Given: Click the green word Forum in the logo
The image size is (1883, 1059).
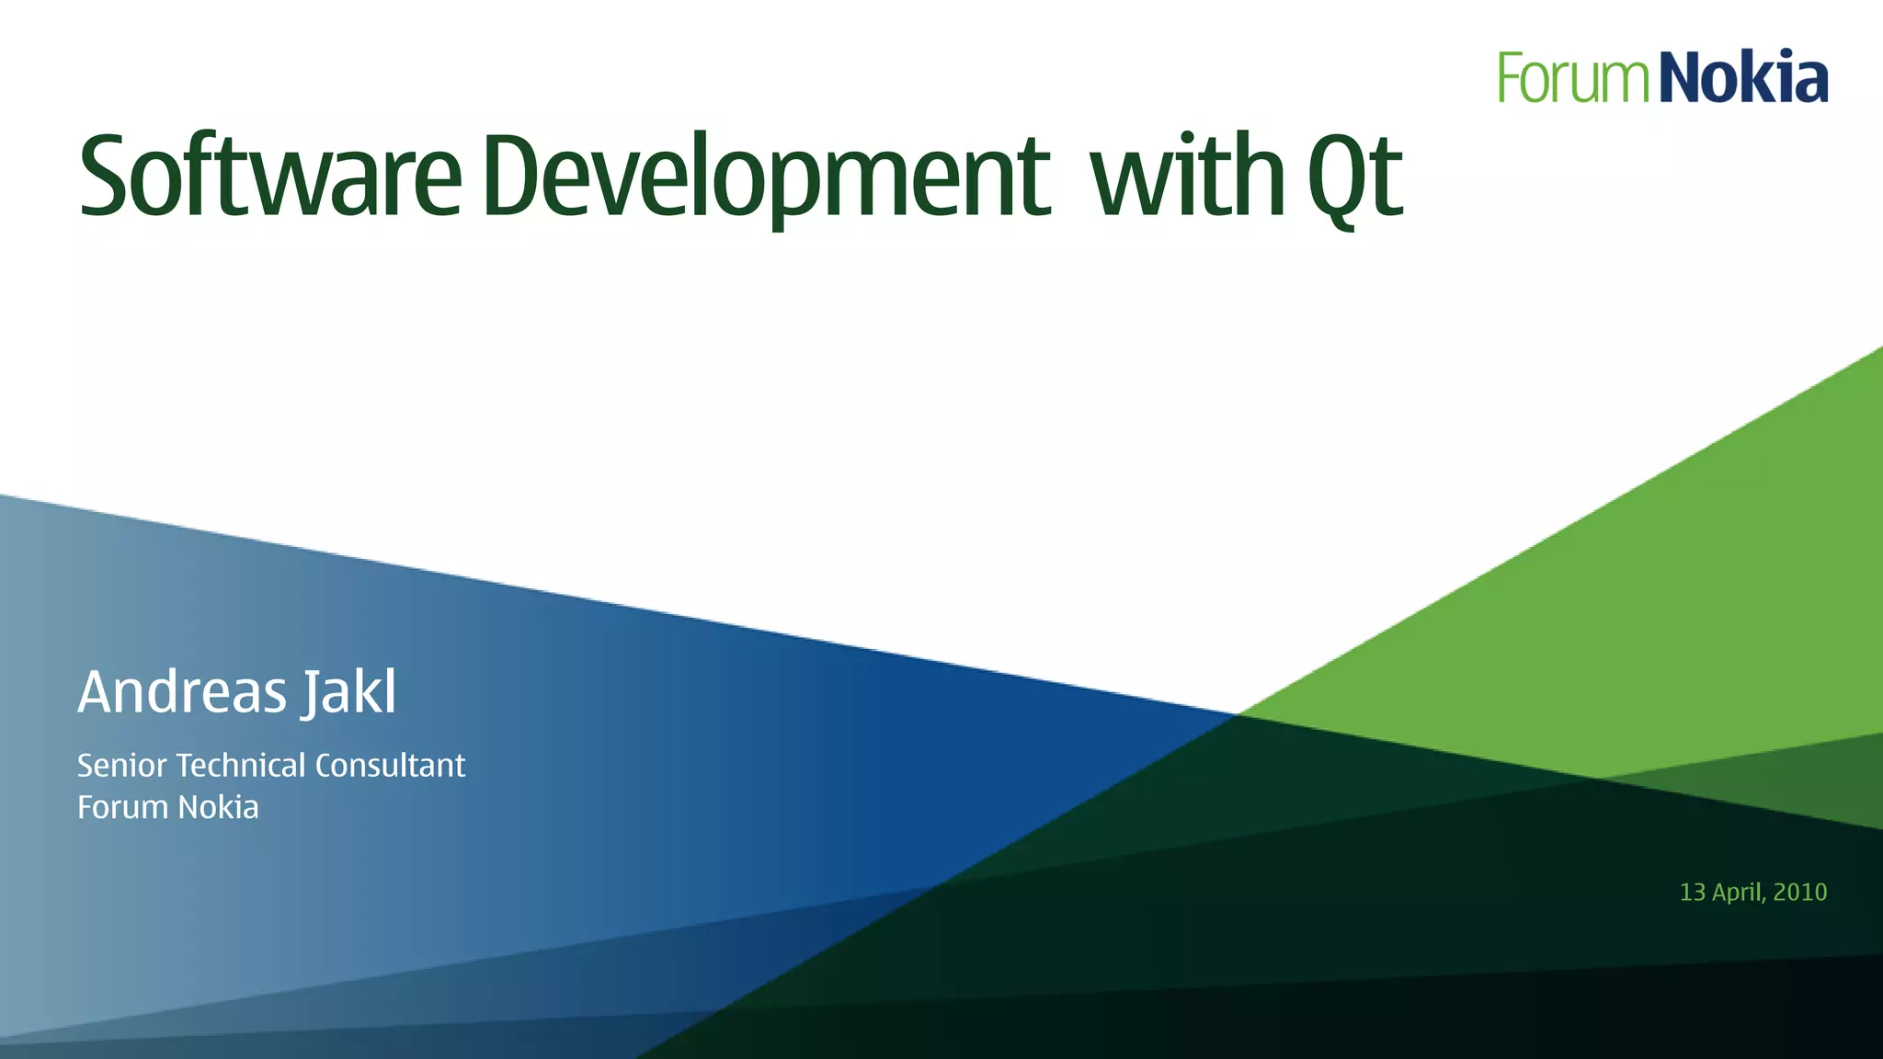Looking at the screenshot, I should click(x=1573, y=77).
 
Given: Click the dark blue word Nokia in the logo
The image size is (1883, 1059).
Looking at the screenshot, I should click(x=1744, y=77).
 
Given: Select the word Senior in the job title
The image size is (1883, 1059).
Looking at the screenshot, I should click(x=121, y=765).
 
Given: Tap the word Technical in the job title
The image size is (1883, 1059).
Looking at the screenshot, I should click(x=241, y=765).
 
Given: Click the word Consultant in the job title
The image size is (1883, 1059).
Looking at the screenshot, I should click(x=390, y=765).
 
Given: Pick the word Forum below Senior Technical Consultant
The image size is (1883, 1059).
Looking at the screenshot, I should click(x=123, y=807).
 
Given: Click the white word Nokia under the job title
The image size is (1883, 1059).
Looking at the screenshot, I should click(x=218, y=807).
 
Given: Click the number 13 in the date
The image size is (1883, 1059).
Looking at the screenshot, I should click(x=1692, y=892).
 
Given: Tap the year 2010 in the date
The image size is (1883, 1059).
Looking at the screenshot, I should click(x=1800, y=892).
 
